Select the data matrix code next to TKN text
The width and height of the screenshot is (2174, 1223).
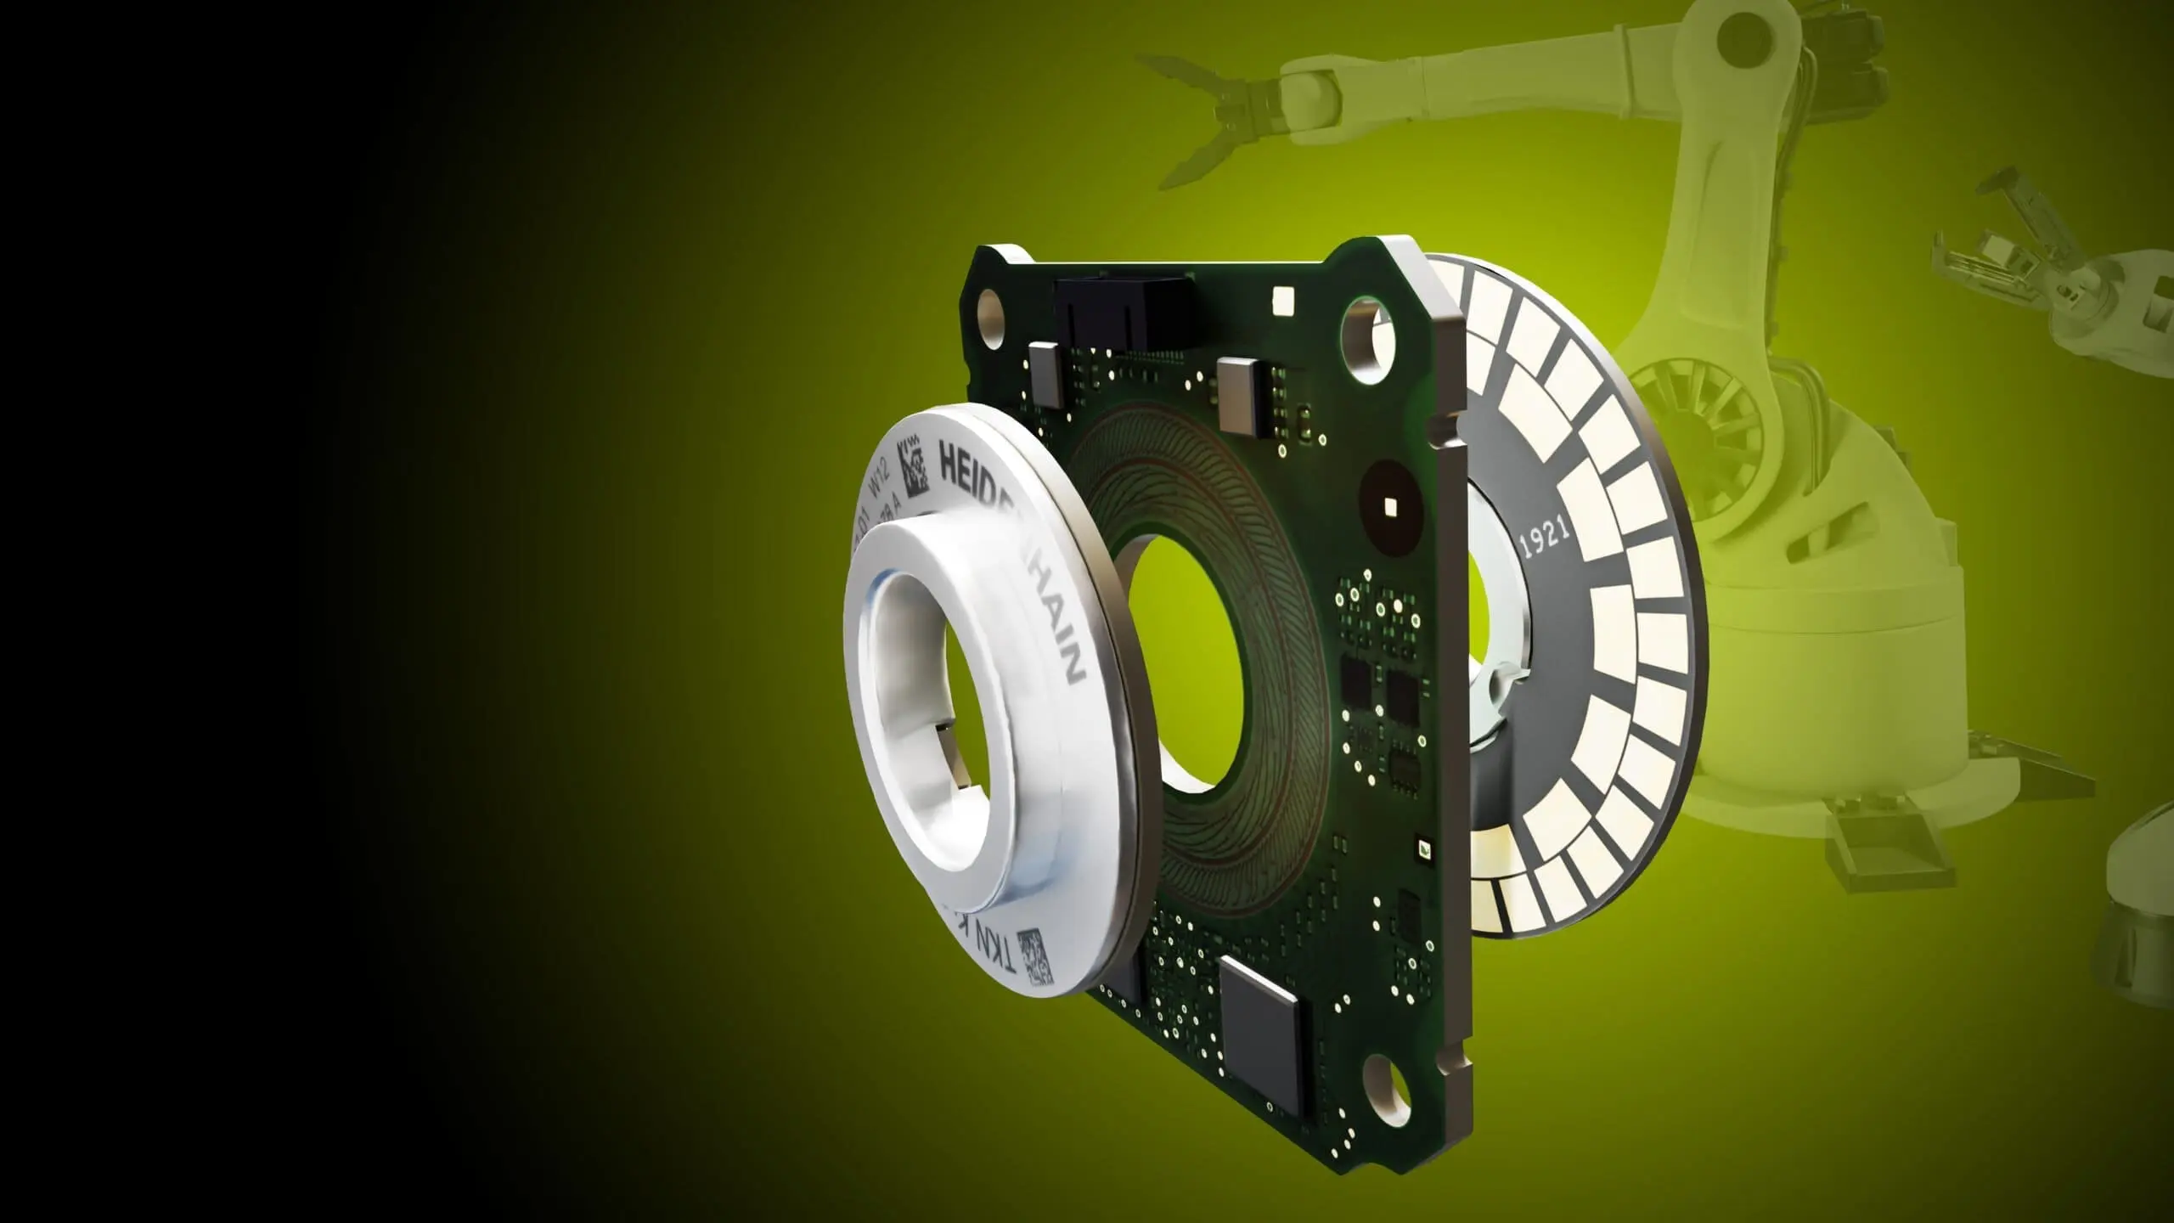click(x=1033, y=957)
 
